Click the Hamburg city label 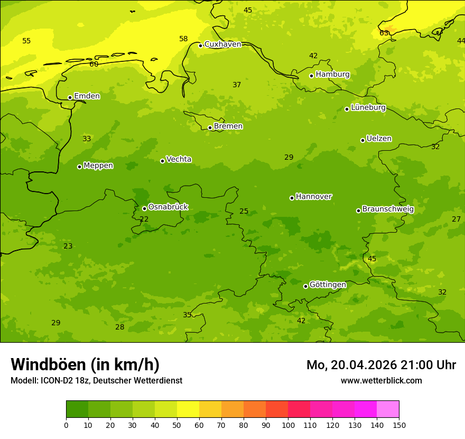332,75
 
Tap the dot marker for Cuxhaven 200,45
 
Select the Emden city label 87,96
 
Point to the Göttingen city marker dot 305,286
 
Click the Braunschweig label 388,209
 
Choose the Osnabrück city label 168,207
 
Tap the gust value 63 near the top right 384,33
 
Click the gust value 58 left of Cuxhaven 183,39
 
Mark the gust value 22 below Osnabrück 144,219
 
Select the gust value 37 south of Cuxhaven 237,85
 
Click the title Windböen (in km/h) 85,364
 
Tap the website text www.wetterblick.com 381,380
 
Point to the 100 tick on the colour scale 288,425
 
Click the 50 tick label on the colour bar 177,425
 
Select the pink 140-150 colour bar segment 388,409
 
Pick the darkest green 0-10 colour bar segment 77,409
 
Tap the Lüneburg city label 368,107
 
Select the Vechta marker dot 162,161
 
